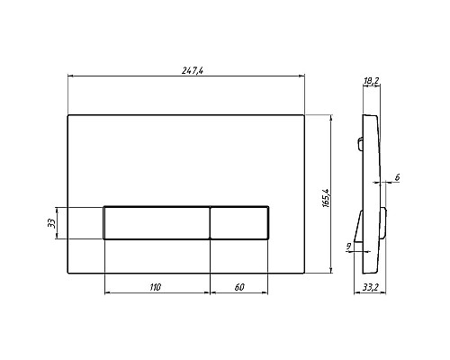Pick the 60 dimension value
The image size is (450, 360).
tap(239, 287)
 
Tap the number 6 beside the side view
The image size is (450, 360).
tap(397, 177)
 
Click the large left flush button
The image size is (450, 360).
tap(157, 222)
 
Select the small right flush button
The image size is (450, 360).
tap(239, 222)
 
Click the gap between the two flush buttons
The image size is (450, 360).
tap(211, 222)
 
